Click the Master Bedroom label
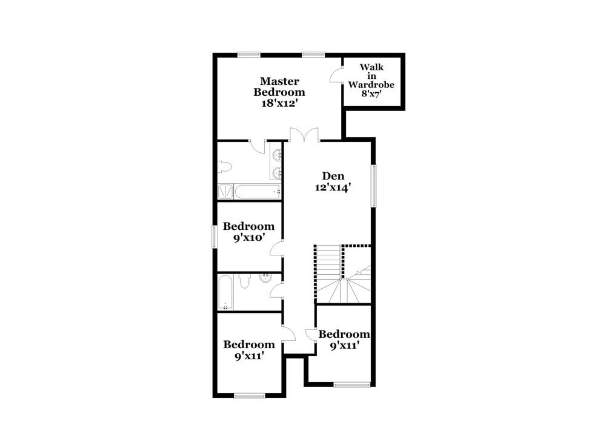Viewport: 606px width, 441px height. pyautogui.click(x=279, y=86)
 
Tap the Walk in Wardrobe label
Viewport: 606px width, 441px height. pyautogui.click(x=371, y=75)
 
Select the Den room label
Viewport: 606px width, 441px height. pyautogui.click(x=333, y=176)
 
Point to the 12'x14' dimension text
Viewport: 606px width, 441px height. pyautogui.click(x=333, y=188)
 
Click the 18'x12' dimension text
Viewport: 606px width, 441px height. pyautogui.click(x=279, y=103)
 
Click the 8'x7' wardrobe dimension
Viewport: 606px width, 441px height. pyautogui.click(x=371, y=94)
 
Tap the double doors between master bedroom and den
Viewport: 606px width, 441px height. pyautogui.click(x=304, y=135)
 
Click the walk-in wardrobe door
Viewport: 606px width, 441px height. pyautogui.click(x=335, y=76)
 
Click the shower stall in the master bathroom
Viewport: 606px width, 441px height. pyautogui.click(x=225, y=192)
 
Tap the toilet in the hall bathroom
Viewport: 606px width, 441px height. pyautogui.click(x=245, y=280)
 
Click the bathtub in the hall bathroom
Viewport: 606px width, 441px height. pyautogui.click(x=225, y=292)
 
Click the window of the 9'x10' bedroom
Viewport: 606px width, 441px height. pyautogui.click(x=214, y=236)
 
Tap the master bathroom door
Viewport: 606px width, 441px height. pyautogui.click(x=258, y=146)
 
